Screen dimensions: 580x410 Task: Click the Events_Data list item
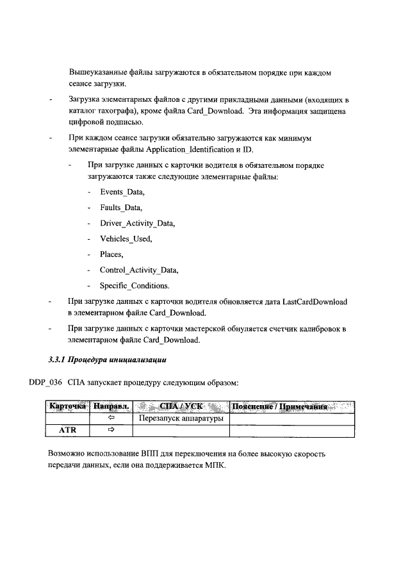pyautogui.click(x=122, y=192)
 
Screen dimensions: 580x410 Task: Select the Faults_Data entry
pyautogui.click(x=121, y=208)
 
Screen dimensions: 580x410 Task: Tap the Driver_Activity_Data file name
pyautogui.click(x=137, y=223)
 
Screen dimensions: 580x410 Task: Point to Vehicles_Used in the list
pyautogui.click(x=126, y=238)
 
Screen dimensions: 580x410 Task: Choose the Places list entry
pyautogui.click(x=111, y=254)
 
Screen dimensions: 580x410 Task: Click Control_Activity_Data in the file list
pyautogui.click(x=139, y=270)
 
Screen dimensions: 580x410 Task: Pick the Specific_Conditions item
pyautogui.click(x=134, y=285)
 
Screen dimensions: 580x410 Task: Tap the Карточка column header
pyautogui.click(x=67, y=406)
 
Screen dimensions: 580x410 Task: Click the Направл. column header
pyautogui.click(x=111, y=406)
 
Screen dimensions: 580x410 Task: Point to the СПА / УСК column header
pyautogui.click(x=181, y=406)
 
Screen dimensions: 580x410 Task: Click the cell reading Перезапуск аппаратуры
pyautogui.click(x=181, y=418)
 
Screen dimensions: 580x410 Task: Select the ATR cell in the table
pyautogui.click(x=67, y=431)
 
